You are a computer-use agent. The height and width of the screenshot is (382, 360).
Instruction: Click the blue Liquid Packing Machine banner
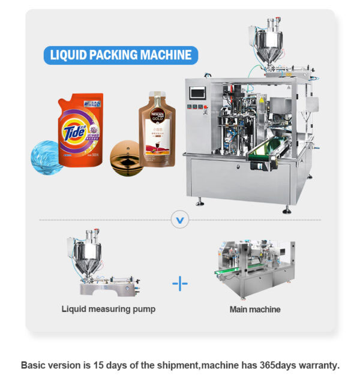click(x=121, y=56)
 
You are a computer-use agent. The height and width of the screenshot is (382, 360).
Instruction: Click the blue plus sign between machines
click(x=180, y=282)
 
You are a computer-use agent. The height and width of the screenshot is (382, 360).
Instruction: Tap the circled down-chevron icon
click(x=179, y=219)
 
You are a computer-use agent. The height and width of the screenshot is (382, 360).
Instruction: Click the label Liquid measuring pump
click(x=108, y=309)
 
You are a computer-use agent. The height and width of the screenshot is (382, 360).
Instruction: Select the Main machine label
click(x=254, y=310)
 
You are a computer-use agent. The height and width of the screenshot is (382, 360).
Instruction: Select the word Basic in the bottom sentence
click(x=34, y=365)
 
